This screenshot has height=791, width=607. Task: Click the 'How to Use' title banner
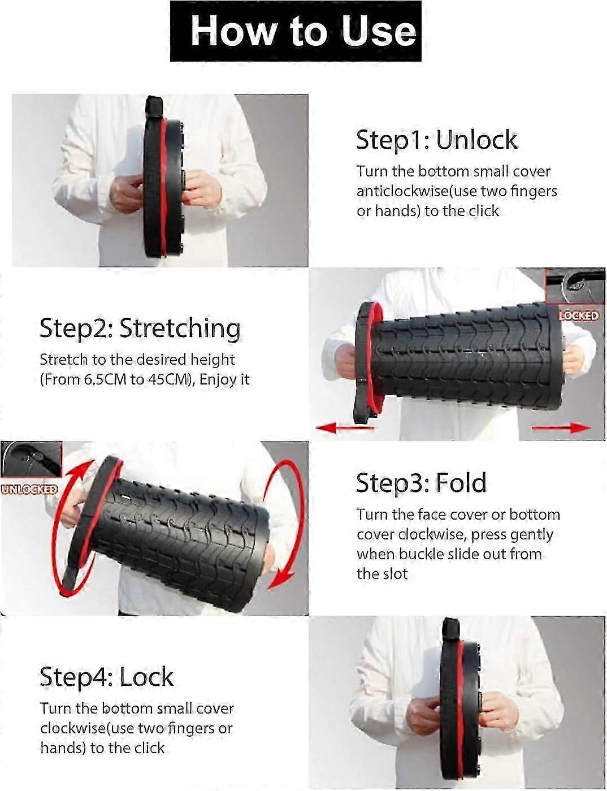296,31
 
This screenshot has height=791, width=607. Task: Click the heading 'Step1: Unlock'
436,140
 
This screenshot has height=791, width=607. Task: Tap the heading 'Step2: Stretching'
140,328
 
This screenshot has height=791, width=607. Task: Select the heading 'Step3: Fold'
421,483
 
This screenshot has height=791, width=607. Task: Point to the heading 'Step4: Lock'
106,677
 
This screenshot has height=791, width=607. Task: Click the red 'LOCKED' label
579,315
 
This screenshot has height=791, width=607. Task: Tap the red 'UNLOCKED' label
29,489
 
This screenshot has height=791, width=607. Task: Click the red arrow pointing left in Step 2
345,427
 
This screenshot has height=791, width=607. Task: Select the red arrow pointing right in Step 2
561,427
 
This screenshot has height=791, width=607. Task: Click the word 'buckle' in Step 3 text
420,554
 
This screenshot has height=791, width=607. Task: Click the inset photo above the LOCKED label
575,287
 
